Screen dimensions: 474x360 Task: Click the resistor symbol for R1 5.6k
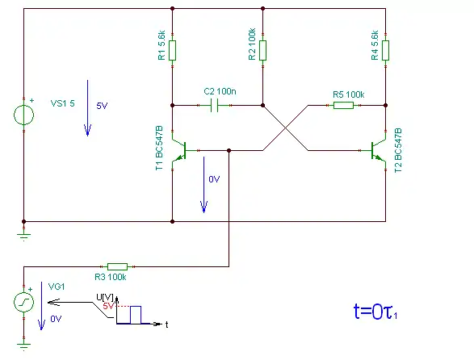coord(172,50)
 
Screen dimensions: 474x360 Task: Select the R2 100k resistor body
coord(262,50)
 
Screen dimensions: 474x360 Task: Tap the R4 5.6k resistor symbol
coord(385,50)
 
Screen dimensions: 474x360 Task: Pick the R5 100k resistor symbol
coord(343,105)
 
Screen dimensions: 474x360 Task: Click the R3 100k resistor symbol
coord(118,266)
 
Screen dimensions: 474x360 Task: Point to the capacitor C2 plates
coord(214,106)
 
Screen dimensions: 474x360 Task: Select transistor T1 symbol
coord(179,150)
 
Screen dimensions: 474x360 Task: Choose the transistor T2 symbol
coord(379,150)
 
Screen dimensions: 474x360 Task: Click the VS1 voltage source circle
coord(24,115)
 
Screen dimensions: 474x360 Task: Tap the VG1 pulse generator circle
coord(24,302)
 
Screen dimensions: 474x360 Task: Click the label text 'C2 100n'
coord(220,91)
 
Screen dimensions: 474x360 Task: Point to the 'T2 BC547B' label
coord(398,150)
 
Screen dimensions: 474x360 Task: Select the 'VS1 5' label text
coord(62,103)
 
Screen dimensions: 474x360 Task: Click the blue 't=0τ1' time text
coord(375,312)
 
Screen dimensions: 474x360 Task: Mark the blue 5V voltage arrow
coord(88,108)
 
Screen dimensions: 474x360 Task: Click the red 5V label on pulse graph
coord(108,306)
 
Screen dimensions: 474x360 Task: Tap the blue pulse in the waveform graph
coord(136,315)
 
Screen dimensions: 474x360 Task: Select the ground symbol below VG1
coord(24,346)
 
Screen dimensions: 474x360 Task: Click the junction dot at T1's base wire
coord(229,150)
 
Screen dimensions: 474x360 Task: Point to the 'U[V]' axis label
coord(105,297)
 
